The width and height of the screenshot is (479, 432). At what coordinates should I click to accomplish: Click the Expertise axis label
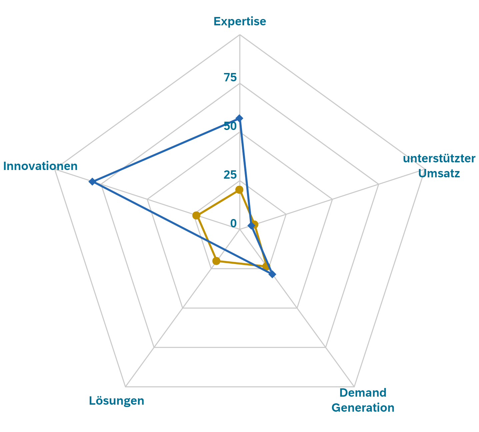click(x=240, y=21)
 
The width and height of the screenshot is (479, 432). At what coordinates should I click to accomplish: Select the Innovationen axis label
click(x=40, y=166)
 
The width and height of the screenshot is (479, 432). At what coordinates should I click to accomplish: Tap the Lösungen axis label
click(x=117, y=400)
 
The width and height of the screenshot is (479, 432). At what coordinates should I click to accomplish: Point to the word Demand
click(x=363, y=393)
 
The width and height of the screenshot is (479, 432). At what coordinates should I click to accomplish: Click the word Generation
click(x=363, y=408)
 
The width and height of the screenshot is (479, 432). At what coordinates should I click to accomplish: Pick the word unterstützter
click(x=439, y=158)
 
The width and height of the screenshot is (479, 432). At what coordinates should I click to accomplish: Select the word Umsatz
click(x=439, y=173)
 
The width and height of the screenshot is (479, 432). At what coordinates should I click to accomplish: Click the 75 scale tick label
click(x=230, y=77)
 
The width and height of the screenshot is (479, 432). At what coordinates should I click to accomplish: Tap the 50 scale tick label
click(x=230, y=126)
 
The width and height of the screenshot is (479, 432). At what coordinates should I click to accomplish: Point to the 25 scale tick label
click(x=230, y=175)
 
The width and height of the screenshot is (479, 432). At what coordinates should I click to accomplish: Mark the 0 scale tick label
click(x=233, y=223)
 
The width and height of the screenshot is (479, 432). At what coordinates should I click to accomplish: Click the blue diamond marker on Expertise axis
click(x=239, y=118)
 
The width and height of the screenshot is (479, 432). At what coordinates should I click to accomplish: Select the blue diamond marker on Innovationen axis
click(x=92, y=182)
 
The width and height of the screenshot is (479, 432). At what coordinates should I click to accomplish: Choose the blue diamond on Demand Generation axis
click(x=272, y=274)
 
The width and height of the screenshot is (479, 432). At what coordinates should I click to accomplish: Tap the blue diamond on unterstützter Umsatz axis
click(x=251, y=226)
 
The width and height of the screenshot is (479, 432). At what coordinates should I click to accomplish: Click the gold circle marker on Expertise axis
click(x=239, y=190)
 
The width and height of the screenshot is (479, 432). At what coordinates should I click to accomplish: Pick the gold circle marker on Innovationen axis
click(x=196, y=215)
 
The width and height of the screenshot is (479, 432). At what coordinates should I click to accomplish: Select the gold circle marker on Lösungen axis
click(x=216, y=261)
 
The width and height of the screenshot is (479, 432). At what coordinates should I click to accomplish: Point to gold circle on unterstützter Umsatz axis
click(x=254, y=224)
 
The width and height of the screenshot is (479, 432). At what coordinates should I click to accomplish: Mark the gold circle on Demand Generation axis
click(x=266, y=266)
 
